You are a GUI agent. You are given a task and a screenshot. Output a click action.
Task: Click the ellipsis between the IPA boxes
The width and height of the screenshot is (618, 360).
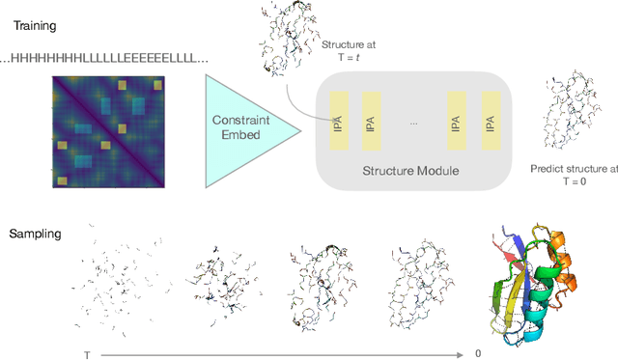(x=413, y=124)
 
